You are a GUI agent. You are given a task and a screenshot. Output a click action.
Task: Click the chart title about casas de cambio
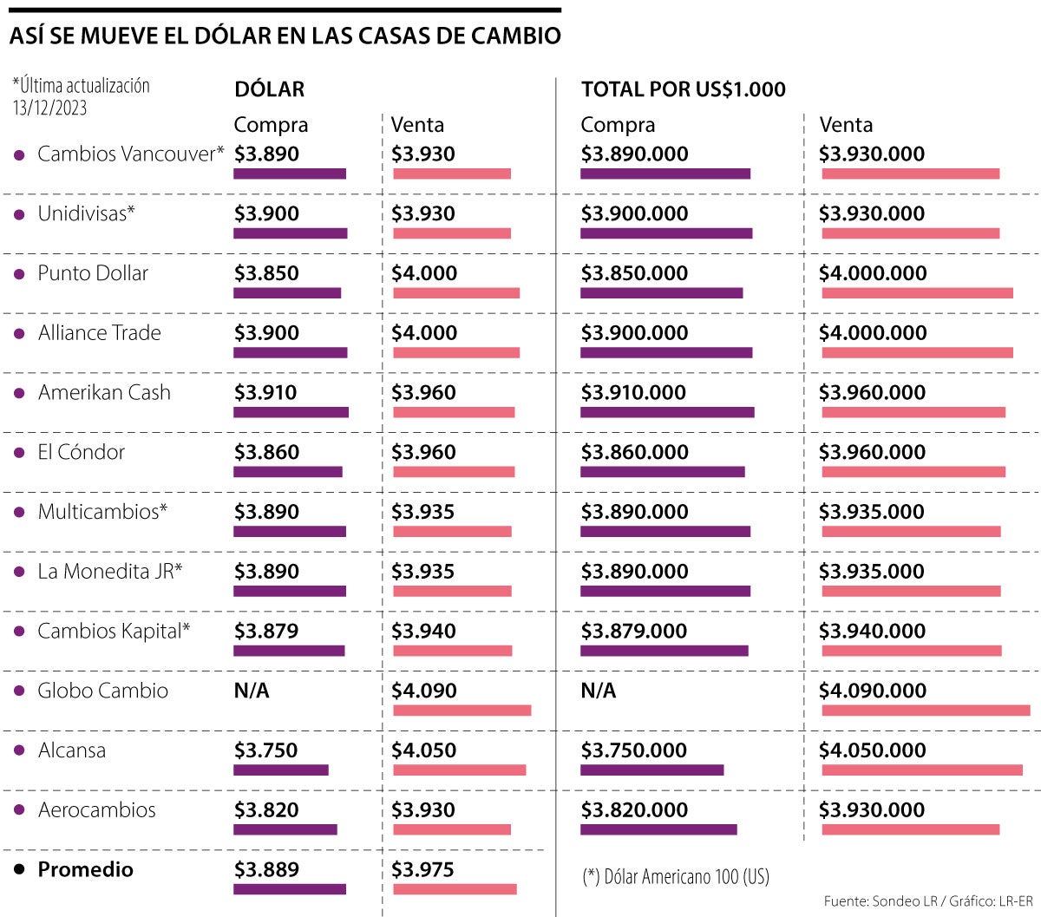[285, 36]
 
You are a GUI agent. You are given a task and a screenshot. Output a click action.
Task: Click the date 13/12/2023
[49, 108]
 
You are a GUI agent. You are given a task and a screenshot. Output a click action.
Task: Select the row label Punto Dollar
[93, 273]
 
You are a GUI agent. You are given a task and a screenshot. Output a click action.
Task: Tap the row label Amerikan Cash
[104, 392]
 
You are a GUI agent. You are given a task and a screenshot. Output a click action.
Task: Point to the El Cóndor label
[81, 452]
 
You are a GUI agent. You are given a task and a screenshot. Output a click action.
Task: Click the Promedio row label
[85, 869]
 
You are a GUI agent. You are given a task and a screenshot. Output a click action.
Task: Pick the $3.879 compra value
[266, 631]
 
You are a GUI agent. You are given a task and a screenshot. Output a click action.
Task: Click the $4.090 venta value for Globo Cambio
[423, 691]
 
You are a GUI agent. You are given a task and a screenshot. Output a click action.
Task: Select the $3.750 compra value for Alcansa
[265, 750]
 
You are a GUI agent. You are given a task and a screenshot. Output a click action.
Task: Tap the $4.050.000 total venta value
[872, 750]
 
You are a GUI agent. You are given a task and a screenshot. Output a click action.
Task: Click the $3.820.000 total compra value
[633, 810]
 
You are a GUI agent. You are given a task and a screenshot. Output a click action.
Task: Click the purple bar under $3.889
[289, 889]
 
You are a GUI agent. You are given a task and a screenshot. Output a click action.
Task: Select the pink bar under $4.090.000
[925, 711]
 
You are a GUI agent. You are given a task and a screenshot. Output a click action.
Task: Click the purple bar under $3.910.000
[666, 412]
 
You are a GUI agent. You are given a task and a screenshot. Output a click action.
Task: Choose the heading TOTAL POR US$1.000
[683, 89]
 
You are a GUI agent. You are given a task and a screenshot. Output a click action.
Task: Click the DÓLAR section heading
[269, 89]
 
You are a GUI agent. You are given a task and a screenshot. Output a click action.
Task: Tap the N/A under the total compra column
[598, 691]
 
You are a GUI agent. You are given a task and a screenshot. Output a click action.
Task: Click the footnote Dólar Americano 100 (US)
[675, 876]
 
